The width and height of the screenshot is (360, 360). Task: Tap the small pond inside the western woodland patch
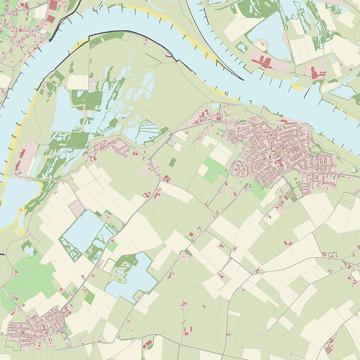click(x=28, y=247)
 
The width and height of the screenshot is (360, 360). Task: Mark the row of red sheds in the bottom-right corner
click(x=329, y=345)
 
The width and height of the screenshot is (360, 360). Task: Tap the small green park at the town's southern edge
click(x=257, y=191)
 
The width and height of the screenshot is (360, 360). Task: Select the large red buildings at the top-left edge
click(x=53, y=5)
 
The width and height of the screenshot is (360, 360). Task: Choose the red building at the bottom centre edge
click(x=148, y=344)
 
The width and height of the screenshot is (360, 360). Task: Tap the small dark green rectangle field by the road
click(x=172, y=162)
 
